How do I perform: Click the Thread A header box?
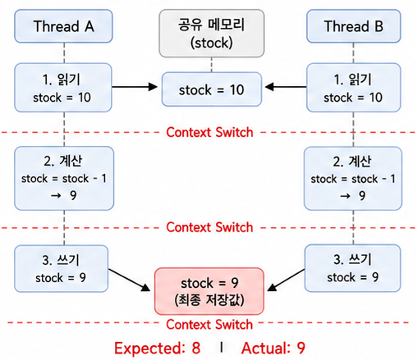[x=63, y=26]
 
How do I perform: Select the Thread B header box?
[x=354, y=26]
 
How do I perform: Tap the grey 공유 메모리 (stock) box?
[x=212, y=34]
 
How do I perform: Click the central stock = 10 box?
[x=212, y=89]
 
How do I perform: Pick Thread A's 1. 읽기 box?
[x=63, y=88]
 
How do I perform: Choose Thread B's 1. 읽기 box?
[x=354, y=88]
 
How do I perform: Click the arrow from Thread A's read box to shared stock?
[x=135, y=87]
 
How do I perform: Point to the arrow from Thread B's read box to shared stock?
[x=286, y=87]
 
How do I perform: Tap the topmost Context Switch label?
[x=209, y=132]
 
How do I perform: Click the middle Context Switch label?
[x=209, y=227]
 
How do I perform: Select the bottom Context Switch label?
[x=209, y=325]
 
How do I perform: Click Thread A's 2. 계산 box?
[x=64, y=178]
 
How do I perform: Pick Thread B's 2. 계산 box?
[x=353, y=178]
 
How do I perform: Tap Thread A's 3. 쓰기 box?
[x=62, y=268]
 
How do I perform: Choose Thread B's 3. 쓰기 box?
[x=353, y=268]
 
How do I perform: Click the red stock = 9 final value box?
[x=209, y=291]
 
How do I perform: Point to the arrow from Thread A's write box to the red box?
[x=129, y=280]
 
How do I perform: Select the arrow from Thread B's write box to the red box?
[x=286, y=280]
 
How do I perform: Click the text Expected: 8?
[x=158, y=348]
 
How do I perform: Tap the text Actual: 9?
[x=273, y=348]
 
